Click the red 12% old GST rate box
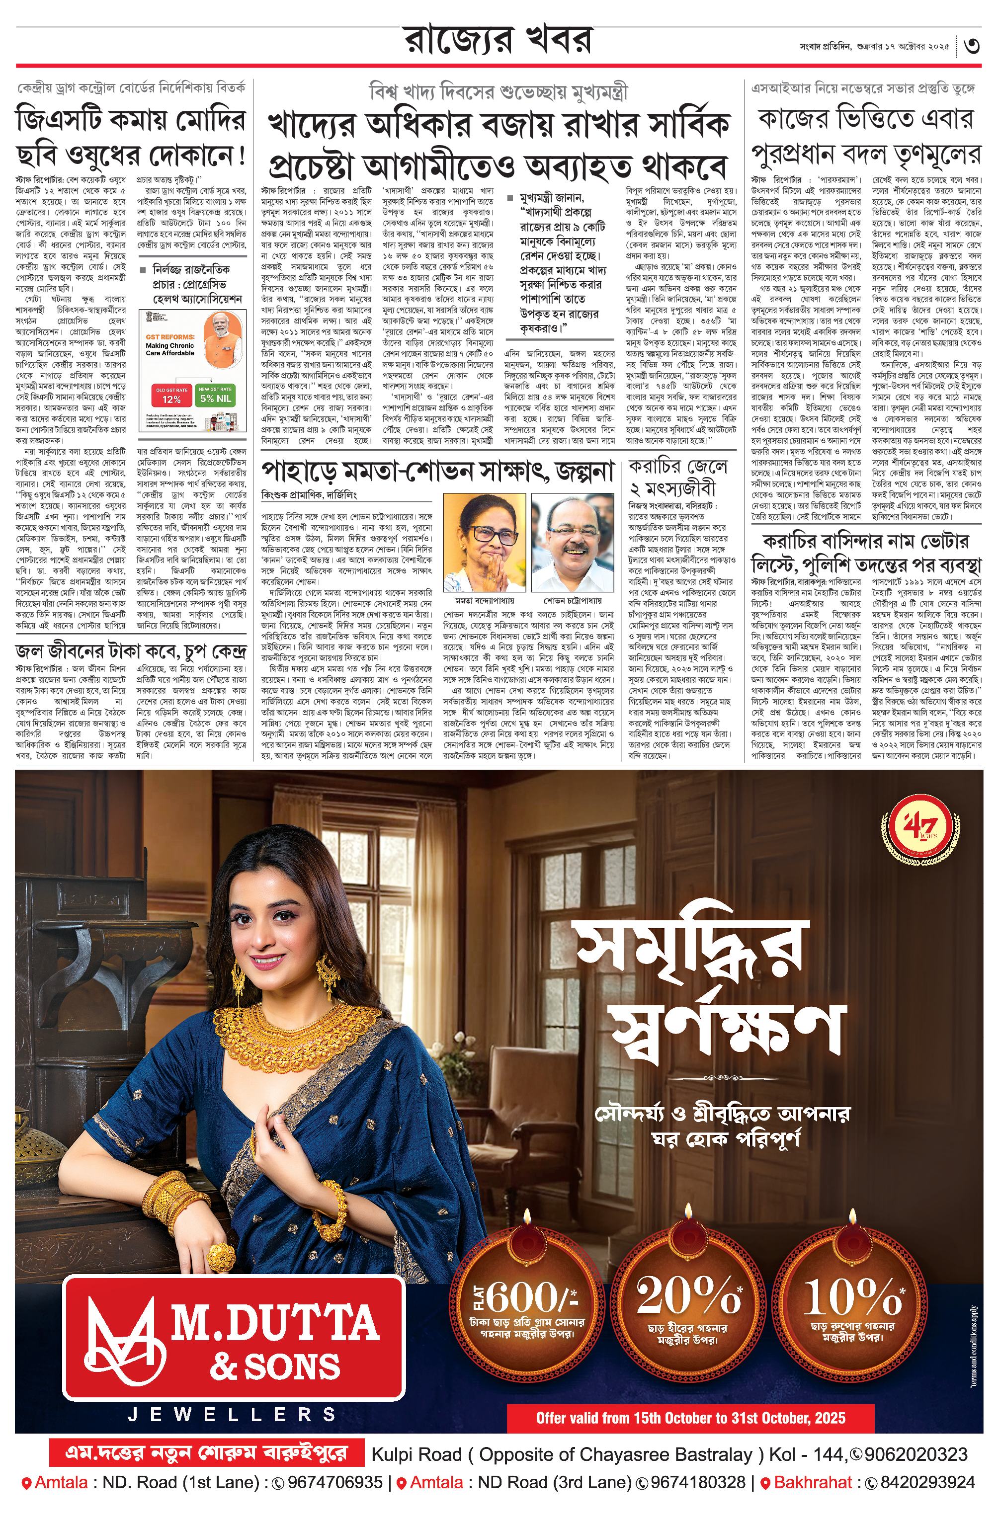(171, 396)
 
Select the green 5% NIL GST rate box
(215, 396)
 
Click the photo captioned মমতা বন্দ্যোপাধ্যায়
(484, 542)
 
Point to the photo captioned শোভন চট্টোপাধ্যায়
(572, 542)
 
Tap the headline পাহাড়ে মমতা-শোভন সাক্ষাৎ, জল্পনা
(437, 473)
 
